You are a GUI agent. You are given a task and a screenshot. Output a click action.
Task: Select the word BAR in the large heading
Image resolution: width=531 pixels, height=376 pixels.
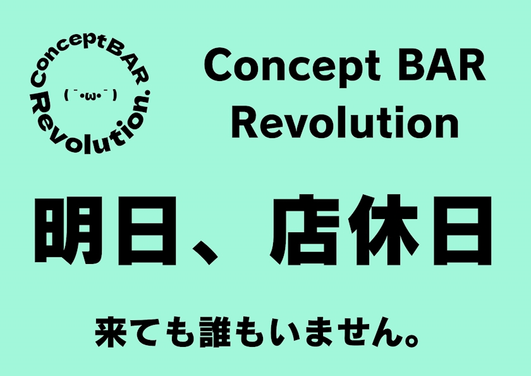442,65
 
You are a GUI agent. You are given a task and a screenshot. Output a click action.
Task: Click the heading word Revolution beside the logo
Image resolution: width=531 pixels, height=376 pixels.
345,122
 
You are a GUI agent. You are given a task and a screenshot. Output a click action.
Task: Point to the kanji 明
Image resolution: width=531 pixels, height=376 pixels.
68,230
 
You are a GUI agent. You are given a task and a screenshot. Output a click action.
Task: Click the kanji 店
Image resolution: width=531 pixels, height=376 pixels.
305,230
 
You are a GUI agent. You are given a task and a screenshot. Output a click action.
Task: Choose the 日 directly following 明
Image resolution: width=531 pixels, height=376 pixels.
147,230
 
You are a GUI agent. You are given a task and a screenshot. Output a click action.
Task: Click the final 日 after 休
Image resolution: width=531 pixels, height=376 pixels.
462,230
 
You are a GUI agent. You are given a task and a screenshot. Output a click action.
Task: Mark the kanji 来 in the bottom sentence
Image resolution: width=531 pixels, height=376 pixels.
111,332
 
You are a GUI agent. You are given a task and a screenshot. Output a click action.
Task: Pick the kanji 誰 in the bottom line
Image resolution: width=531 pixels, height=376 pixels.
215,332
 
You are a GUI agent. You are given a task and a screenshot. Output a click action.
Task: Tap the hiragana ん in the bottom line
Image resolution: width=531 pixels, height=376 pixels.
387,332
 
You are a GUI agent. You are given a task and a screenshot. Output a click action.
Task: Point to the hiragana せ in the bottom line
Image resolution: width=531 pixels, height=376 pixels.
352,332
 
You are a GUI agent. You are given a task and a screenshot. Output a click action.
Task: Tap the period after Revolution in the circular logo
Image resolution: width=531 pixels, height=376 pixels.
147,93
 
